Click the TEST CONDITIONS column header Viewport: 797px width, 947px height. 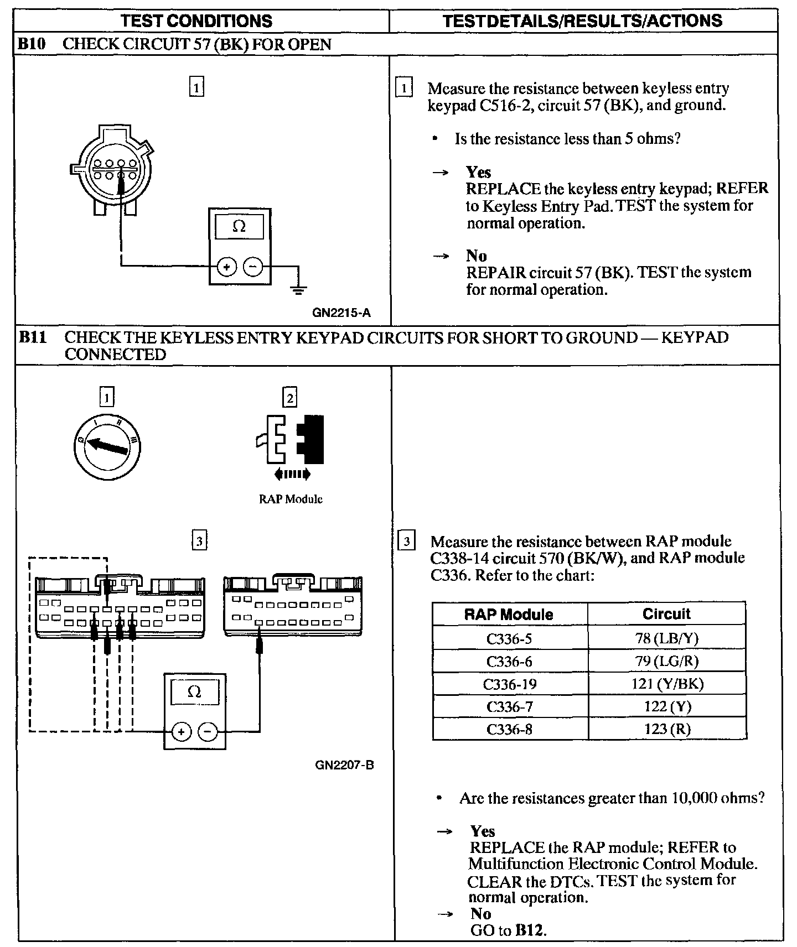click(196, 21)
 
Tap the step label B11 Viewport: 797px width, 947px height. click(33, 337)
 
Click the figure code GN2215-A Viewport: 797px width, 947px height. click(341, 313)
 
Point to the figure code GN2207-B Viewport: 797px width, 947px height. click(344, 766)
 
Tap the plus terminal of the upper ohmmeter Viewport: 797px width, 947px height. click(226, 267)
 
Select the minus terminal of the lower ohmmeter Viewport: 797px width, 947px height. click(208, 731)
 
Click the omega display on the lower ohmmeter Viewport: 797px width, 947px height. click(194, 692)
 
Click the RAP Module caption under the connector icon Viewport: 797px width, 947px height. click(291, 499)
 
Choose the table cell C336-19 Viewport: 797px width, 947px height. click(509, 684)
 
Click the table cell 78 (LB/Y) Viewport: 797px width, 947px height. click(667, 638)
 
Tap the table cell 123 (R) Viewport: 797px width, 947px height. click(667, 729)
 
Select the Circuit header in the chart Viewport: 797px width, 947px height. click(666, 614)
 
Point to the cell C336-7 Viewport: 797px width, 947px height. click(509, 707)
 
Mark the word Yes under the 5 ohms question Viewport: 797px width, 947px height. click(478, 172)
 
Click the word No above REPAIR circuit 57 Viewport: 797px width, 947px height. click(476, 256)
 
